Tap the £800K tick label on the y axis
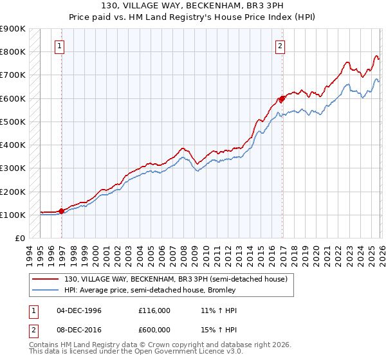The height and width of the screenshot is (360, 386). point(12,51)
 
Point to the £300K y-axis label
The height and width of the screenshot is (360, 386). point(12,168)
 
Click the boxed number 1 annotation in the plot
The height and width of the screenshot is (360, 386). point(60,46)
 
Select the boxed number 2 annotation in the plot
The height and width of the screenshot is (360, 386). point(281,46)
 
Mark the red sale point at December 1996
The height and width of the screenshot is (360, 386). point(61,211)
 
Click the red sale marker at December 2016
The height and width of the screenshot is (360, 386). point(282,99)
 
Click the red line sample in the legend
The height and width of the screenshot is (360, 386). point(46,279)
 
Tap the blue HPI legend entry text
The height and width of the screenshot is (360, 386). point(151,290)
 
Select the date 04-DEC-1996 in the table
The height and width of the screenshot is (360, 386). point(78,310)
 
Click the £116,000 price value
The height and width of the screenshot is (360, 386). point(154,310)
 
